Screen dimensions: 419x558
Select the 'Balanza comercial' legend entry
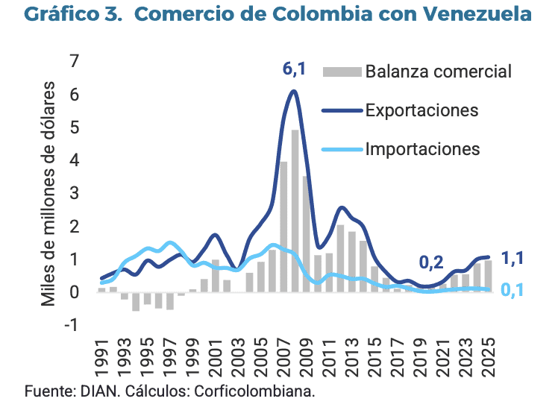pos(438,72)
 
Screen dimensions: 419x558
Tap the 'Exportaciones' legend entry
pos(421,110)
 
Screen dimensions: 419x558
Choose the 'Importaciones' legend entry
pos(422,149)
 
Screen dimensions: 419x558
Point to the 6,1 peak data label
pos(294,69)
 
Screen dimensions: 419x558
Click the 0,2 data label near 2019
pos(430,262)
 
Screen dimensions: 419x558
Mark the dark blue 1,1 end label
pos(512,259)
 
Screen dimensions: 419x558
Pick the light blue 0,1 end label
pos(512,290)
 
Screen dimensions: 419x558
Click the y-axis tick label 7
pos(73,62)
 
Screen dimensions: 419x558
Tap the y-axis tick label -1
pos(70,325)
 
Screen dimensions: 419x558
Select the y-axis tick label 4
pos(73,160)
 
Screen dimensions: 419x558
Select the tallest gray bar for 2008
pos(295,211)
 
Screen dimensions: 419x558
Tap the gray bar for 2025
pos(489,276)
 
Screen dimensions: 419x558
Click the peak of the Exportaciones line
pos(294,91)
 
